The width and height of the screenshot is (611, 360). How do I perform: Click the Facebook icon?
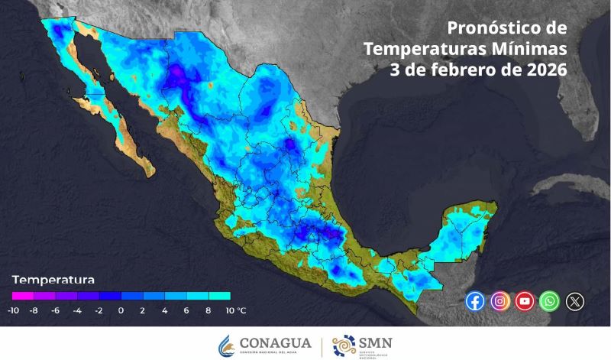[x=475, y=301]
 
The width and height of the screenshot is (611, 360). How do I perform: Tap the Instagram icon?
[x=499, y=301]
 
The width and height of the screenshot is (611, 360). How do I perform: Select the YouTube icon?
[x=525, y=301]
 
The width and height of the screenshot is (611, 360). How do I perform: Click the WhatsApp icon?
[x=549, y=301]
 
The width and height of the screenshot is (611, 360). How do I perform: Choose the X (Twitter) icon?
[x=574, y=301]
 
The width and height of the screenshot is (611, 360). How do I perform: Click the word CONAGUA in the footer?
[x=275, y=343]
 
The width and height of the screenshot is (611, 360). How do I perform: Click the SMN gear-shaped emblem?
[x=344, y=345]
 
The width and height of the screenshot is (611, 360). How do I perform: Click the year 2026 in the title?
[x=545, y=70]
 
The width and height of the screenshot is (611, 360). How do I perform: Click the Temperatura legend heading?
[x=53, y=279]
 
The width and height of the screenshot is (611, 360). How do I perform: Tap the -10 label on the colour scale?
[x=13, y=310]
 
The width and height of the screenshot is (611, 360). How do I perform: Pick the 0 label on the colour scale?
[x=121, y=310]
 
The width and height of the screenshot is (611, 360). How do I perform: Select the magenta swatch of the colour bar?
[x=22, y=295]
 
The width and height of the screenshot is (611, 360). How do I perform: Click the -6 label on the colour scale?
[x=56, y=310]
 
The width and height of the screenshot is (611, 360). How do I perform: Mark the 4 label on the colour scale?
[x=165, y=310]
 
